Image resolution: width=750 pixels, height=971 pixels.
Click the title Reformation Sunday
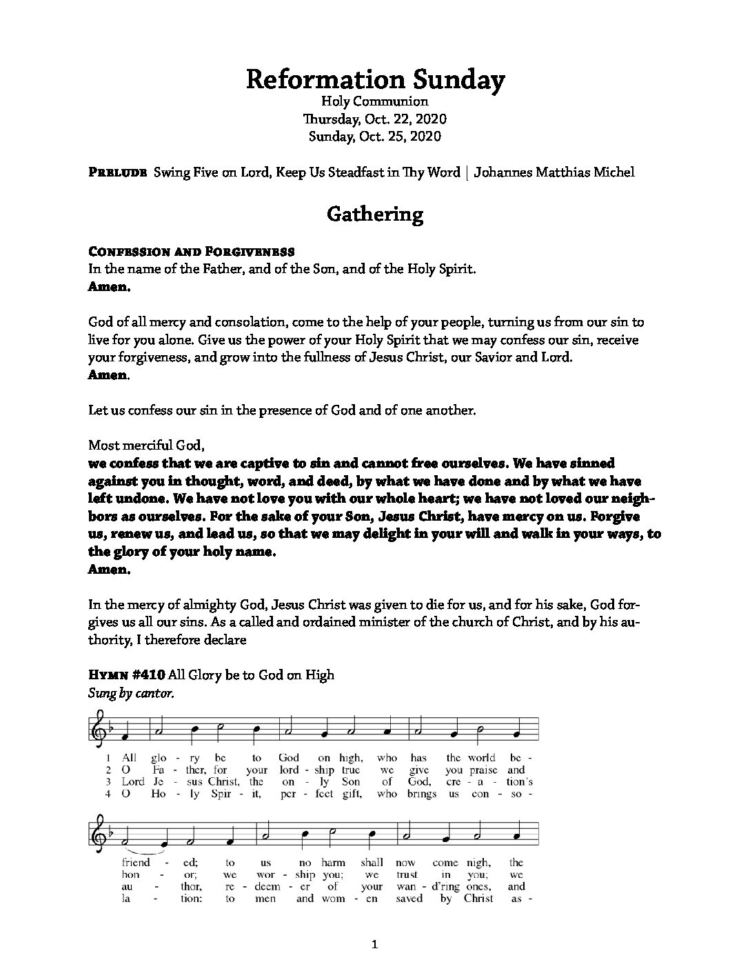(x=375, y=81)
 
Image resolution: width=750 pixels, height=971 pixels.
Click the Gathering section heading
(x=375, y=214)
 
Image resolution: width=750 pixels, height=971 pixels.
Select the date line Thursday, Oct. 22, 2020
(x=375, y=119)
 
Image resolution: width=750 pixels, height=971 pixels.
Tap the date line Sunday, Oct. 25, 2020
(x=375, y=136)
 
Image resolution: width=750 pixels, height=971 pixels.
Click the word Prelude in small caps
(x=118, y=172)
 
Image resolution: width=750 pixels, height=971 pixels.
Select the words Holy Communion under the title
(x=375, y=101)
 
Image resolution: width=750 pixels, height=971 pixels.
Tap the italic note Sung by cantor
(x=131, y=693)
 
